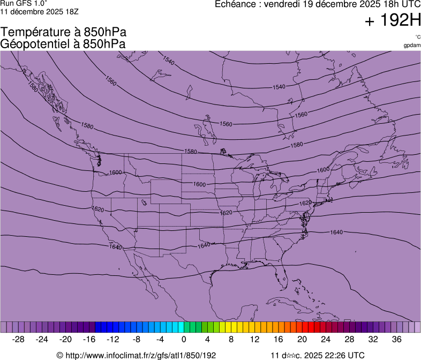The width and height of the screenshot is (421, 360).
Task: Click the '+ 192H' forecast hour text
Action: (x=393, y=21)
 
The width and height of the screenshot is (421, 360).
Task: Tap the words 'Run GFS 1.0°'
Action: (x=24, y=4)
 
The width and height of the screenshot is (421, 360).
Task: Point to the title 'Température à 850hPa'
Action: (x=64, y=33)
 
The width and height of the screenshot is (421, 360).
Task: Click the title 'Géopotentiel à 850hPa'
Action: (x=64, y=44)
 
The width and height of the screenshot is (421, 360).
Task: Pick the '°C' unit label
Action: (x=417, y=36)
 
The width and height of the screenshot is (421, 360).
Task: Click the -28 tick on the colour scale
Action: (x=19, y=339)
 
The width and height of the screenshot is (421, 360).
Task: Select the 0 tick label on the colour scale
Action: (x=184, y=339)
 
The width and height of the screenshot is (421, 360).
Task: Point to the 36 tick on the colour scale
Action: (x=396, y=339)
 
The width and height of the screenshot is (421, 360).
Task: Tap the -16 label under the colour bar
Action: (x=89, y=339)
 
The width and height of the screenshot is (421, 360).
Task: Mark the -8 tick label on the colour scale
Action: (x=137, y=339)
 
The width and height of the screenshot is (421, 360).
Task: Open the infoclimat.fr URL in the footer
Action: (x=140, y=355)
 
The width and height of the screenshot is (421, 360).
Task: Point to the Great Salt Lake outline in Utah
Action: (x=144, y=202)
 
